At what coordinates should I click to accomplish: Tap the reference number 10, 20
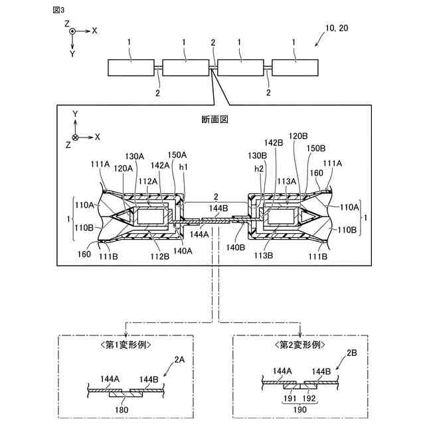[337, 28]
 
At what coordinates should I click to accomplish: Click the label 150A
[177, 155]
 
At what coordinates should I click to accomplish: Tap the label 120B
[299, 136]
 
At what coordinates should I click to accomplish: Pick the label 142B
[274, 143]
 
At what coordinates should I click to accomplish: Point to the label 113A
[286, 181]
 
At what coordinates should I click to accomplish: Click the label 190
[300, 411]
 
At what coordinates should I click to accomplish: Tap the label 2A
[179, 360]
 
